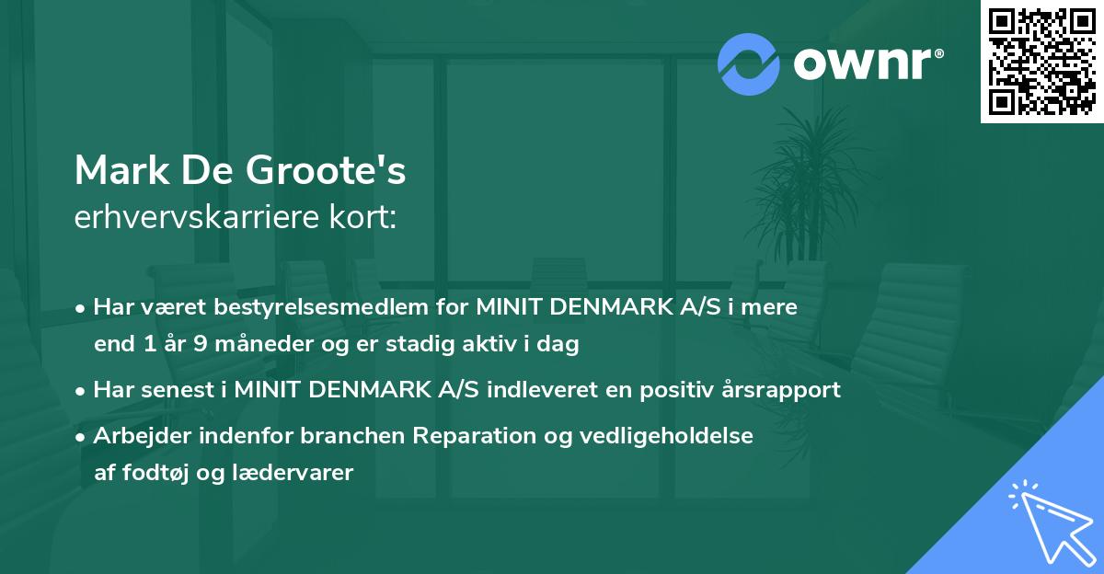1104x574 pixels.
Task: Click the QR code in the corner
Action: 1041,62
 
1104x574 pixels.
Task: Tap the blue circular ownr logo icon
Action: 749,63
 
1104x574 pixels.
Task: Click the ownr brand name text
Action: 867,63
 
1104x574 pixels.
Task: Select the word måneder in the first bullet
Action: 233,345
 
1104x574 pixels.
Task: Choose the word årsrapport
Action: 779,390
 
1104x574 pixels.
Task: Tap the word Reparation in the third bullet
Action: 467,435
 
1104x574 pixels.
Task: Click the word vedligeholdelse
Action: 659,435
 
